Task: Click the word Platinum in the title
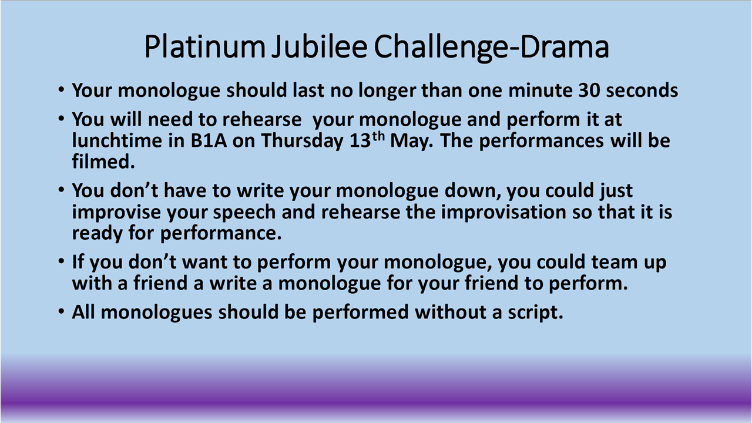(x=205, y=46)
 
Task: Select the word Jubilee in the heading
(x=319, y=46)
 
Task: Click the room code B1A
(x=209, y=140)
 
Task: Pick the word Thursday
(x=302, y=141)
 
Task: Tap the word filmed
(x=103, y=162)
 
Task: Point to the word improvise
(x=116, y=212)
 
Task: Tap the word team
(x=615, y=262)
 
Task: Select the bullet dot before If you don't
(x=61, y=261)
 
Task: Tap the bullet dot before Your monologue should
(x=61, y=90)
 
